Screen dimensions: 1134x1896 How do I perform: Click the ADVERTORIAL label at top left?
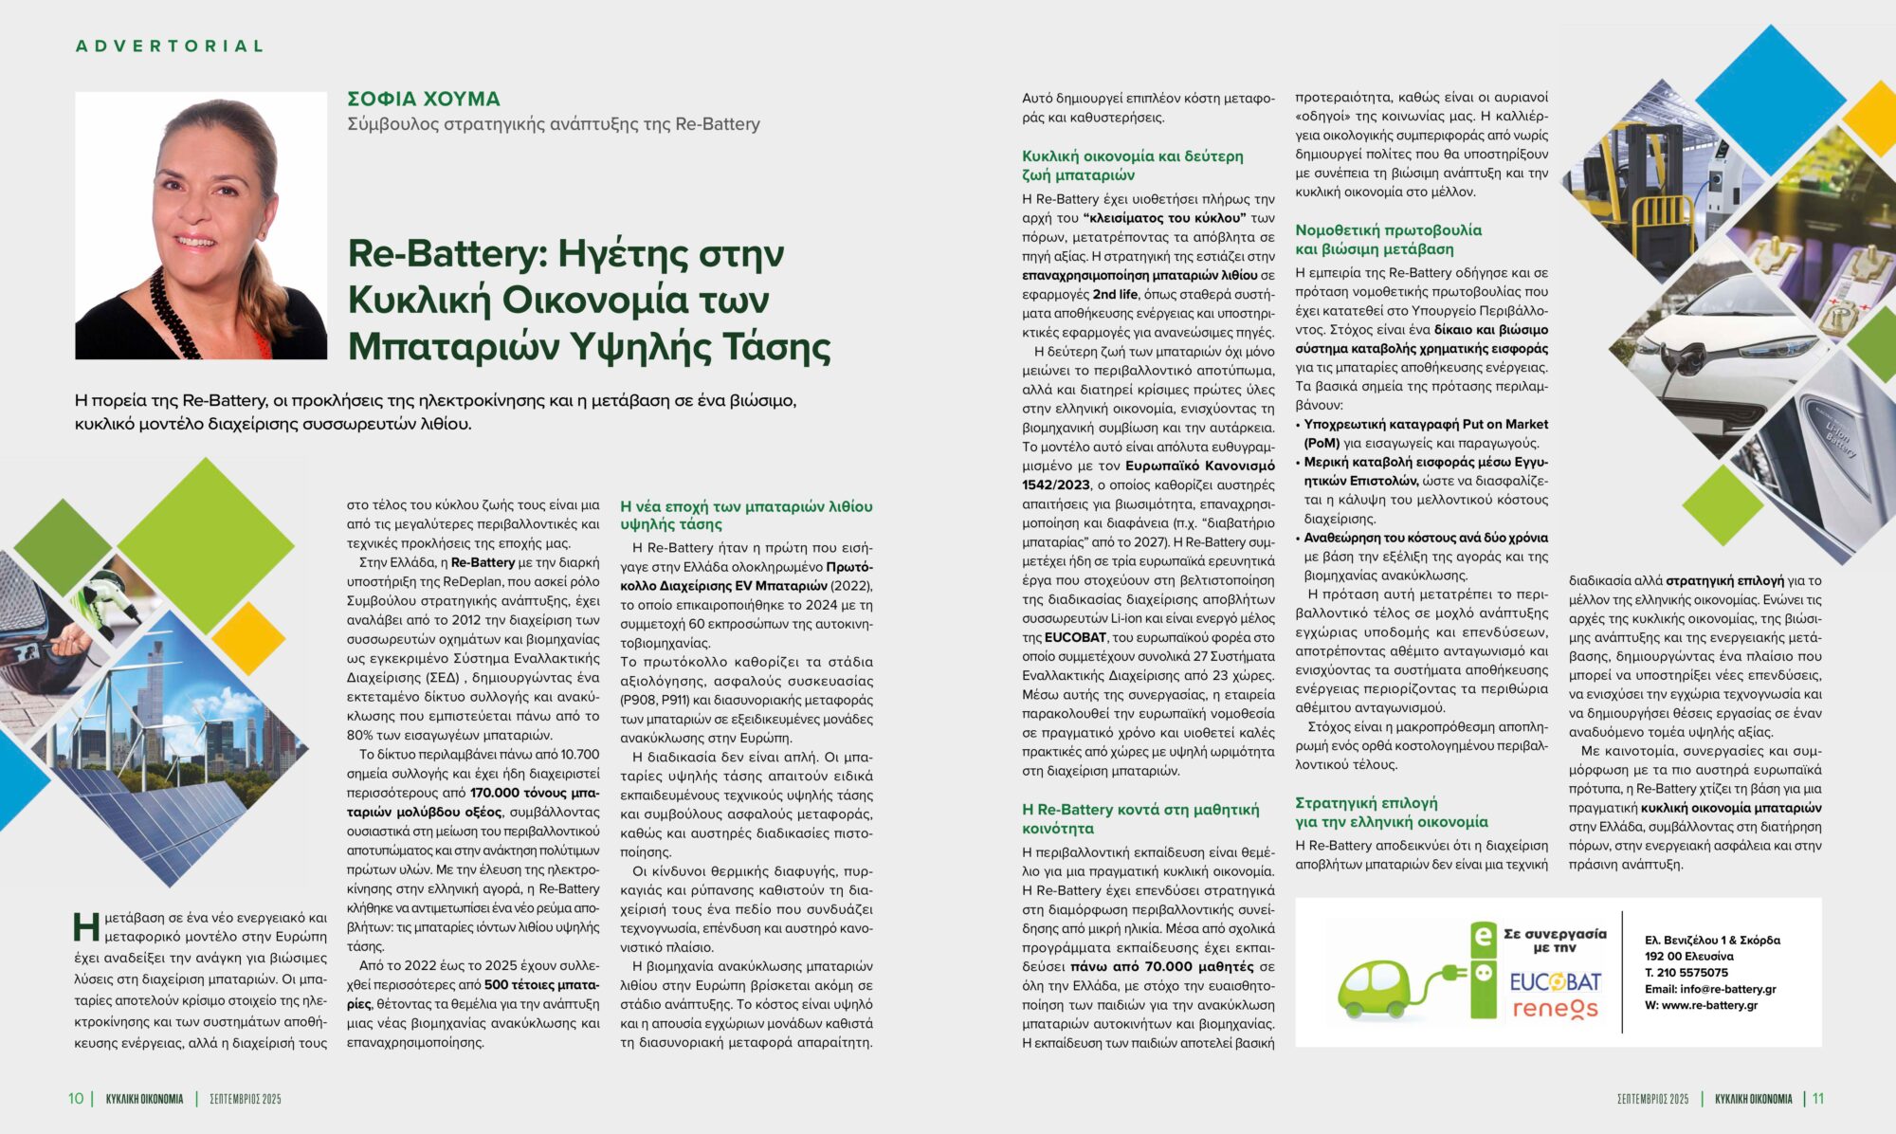(170, 46)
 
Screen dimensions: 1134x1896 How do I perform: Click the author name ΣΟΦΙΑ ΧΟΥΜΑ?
(423, 99)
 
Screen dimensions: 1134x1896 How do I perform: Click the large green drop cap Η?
(86, 926)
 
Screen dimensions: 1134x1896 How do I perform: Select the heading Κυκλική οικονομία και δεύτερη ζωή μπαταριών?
(1132, 165)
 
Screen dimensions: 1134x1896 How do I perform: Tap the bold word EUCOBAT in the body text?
(1075, 637)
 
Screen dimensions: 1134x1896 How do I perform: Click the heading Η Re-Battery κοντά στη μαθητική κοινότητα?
(1139, 818)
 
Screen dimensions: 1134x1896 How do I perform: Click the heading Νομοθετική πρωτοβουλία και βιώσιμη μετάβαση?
(1388, 239)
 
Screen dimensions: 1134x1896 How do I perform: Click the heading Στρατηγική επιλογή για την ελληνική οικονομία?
(1391, 813)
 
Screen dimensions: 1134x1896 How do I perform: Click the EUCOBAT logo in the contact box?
(1555, 981)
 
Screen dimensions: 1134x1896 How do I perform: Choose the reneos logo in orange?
(1555, 1009)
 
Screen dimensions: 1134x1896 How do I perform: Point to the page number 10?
(76, 1098)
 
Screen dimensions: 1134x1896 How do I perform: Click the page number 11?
(1817, 1098)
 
